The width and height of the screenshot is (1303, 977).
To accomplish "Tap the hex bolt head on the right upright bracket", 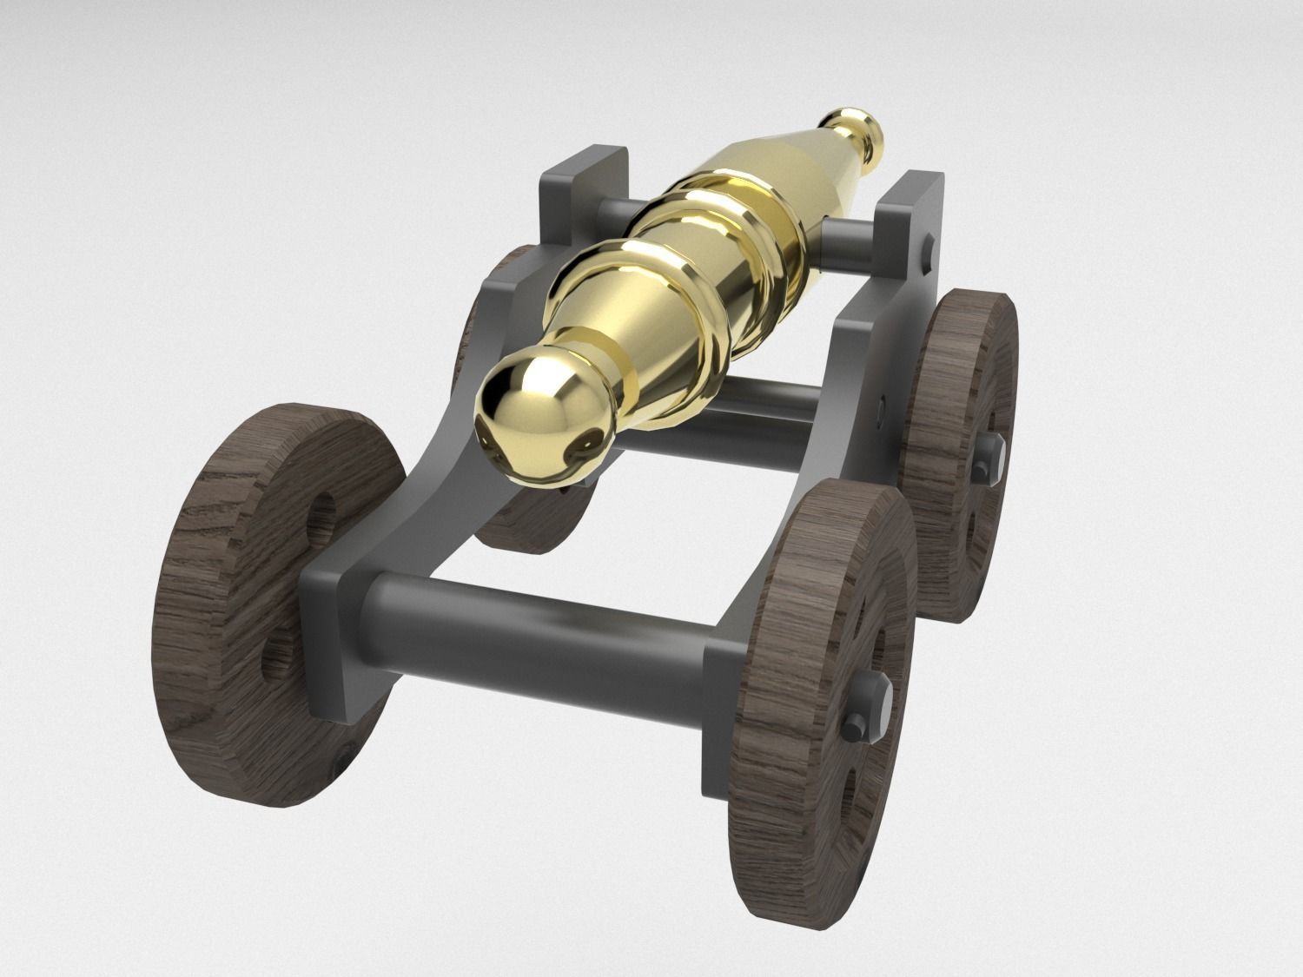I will point(928,253).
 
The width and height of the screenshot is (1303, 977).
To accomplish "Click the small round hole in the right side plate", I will point(883,403).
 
